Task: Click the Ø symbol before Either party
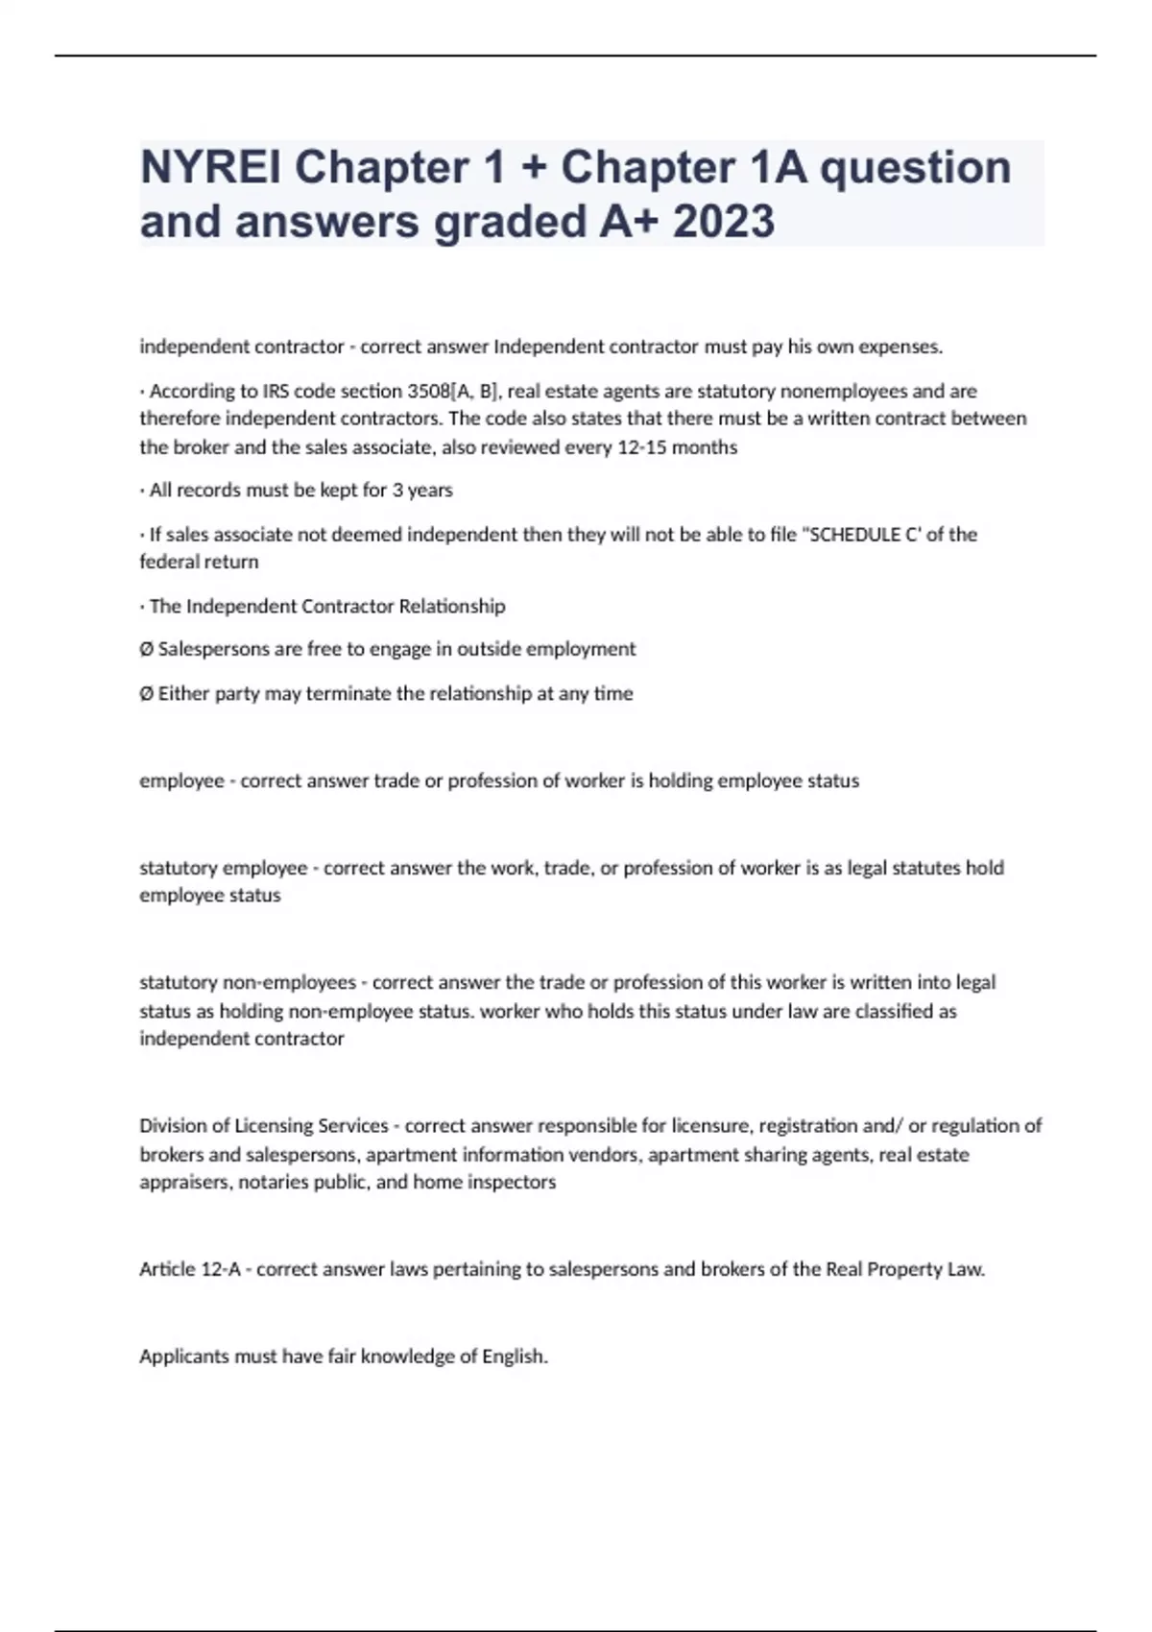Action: click(x=146, y=693)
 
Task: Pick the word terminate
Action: click(x=348, y=693)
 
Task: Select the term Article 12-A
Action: click(x=190, y=1269)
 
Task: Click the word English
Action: click(x=515, y=1356)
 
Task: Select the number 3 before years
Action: click(x=397, y=491)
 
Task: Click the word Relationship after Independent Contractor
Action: click(x=452, y=606)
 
